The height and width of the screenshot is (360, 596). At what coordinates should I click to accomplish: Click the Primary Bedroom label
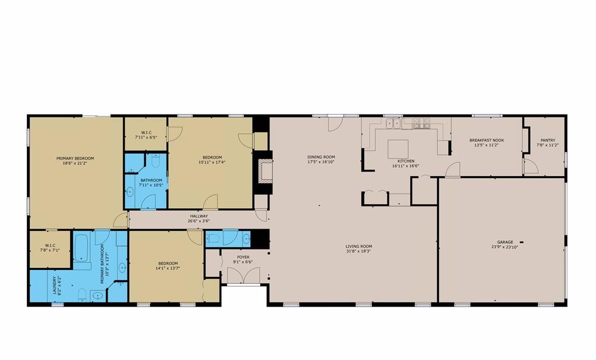(x=75, y=158)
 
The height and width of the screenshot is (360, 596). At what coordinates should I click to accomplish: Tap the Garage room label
(x=505, y=242)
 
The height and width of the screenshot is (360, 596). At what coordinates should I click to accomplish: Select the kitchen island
(x=398, y=149)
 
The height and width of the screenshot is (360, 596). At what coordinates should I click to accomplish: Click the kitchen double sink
(x=393, y=123)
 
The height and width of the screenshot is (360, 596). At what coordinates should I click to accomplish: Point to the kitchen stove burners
(x=421, y=123)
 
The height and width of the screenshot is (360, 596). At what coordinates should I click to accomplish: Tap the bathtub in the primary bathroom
(x=81, y=248)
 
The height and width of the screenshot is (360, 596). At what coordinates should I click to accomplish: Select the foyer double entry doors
(x=244, y=275)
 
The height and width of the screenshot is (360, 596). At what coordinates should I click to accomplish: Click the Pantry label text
(x=548, y=140)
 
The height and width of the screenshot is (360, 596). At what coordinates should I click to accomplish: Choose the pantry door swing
(x=531, y=167)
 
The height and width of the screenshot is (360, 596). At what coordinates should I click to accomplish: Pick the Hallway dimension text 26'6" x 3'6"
(x=199, y=220)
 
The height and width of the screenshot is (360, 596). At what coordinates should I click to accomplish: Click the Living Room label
(x=359, y=246)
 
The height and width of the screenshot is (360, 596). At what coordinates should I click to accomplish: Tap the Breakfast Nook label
(x=487, y=140)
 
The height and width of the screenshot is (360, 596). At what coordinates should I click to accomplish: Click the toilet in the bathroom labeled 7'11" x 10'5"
(x=155, y=161)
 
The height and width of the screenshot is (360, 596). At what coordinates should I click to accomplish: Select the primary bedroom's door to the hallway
(x=121, y=220)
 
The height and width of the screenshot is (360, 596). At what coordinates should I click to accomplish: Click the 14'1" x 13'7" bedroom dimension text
(x=168, y=268)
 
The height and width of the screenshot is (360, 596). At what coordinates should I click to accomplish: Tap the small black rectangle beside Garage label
(x=521, y=242)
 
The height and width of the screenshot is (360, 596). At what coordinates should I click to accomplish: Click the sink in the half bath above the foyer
(x=246, y=238)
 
